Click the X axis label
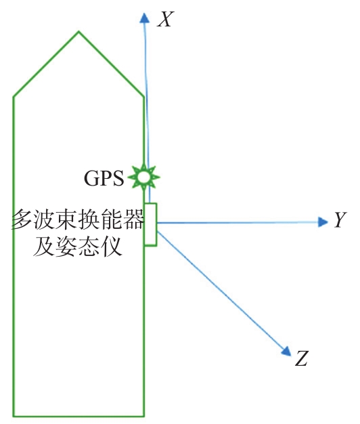pyautogui.click(x=164, y=20)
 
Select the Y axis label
pyautogui.click(x=340, y=219)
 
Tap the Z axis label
pyautogui.click(x=301, y=358)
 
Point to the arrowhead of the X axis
pyautogui.click(x=145, y=18)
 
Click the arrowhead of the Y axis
pyautogui.click(x=323, y=222)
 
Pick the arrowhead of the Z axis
pyautogui.click(x=286, y=351)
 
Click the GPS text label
pyautogui.click(x=104, y=178)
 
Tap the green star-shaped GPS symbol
pyautogui.click(x=143, y=177)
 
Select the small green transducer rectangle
pyautogui.click(x=150, y=224)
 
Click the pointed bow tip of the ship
pyautogui.click(x=78, y=31)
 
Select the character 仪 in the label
pyautogui.click(x=111, y=247)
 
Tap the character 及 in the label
pyautogui.click(x=44, y=247)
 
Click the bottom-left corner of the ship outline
pyautogui.click(x=14, y=416)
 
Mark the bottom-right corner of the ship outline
pyautogui.click(x=144, y=416)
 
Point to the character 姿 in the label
pyautogui.click(x=66, y=247)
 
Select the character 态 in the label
pyautogui.click(x=89, y=247)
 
